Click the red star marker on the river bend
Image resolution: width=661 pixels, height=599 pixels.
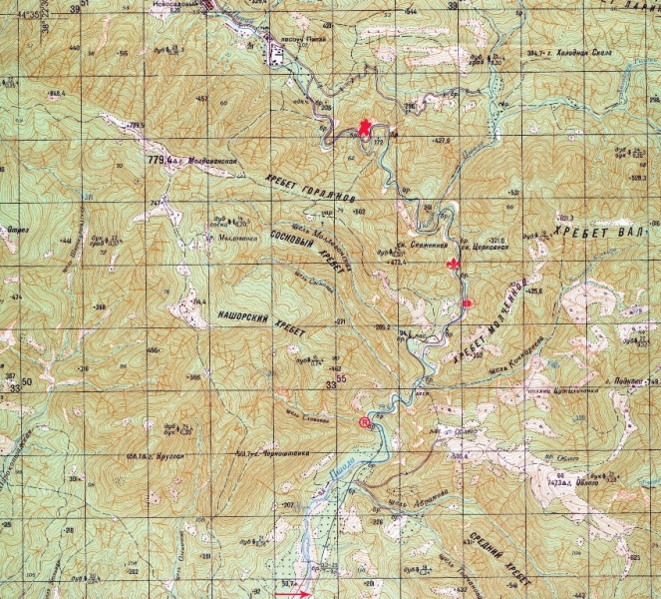[x=365, y=128]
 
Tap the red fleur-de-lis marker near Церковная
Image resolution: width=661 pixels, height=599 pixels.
[x=455, y=266]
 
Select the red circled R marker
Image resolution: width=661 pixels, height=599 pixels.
[x=365, y=422]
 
